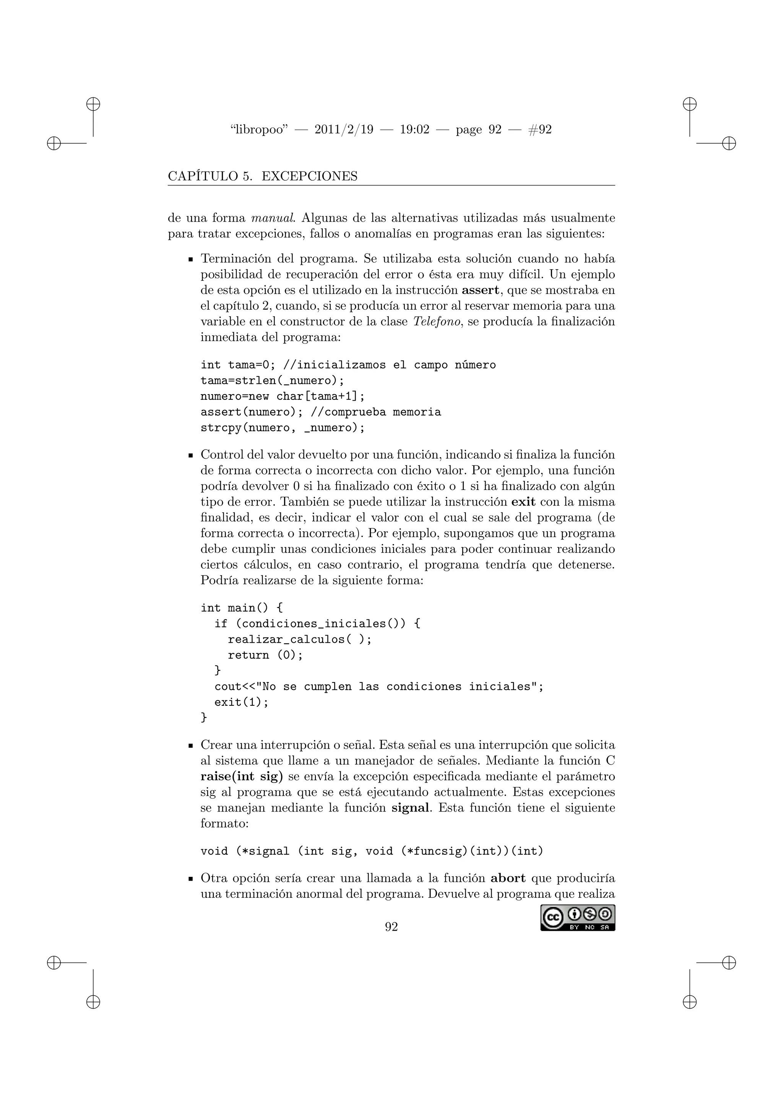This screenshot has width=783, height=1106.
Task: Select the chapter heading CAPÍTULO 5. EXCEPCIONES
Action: (x=263, y=176)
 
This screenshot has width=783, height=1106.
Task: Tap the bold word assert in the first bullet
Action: (x=480, y=291)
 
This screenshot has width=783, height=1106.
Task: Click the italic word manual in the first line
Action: (x=273, y=218)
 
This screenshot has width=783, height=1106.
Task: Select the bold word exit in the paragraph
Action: (x=523, y=502)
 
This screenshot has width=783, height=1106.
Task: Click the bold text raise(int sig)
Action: (x=242, y=776)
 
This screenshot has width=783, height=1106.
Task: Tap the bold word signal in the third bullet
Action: (x=410, y=808)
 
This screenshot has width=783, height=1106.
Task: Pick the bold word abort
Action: (x=508, y=878)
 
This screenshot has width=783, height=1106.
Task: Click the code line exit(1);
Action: (x=241, y=702)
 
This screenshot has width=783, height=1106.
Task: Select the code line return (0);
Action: (x=265, y=655)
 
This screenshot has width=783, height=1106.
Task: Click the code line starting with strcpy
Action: (x=283, y=428)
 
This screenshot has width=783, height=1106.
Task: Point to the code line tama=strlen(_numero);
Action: (x=273, y=380)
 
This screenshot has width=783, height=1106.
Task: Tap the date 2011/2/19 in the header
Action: (x=343, y=129)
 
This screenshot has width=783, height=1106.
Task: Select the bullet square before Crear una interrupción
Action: (x=190, y=746)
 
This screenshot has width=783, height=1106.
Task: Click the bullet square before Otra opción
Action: (x=190, y=879)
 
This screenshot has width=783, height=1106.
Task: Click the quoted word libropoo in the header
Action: (x=259, y=129)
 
